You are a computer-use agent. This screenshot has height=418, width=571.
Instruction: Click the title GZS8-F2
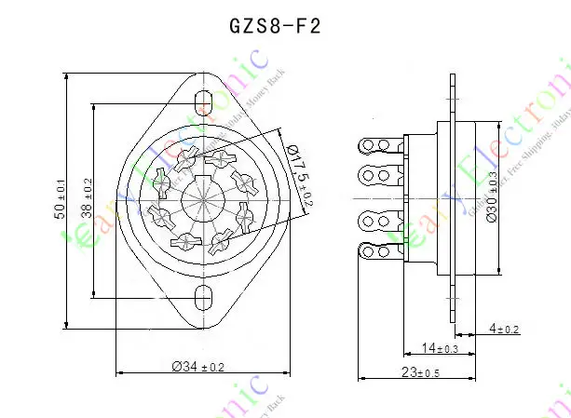[275, 25]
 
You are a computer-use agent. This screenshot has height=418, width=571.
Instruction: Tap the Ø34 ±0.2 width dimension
[198, 366]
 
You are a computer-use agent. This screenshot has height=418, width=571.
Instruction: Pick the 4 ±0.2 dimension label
[503, 329]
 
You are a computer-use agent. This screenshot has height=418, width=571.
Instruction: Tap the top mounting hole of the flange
[203, 100]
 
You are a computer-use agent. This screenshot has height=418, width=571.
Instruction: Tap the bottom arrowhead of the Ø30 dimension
[497, 271]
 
